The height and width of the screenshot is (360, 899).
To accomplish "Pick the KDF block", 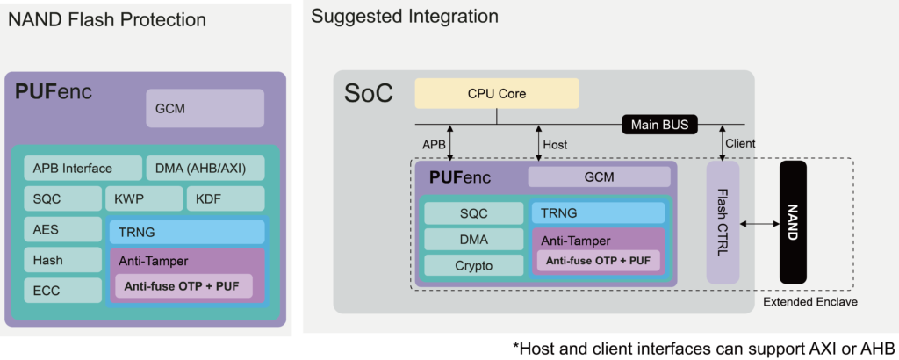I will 225,199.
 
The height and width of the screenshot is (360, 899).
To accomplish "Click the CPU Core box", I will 497,93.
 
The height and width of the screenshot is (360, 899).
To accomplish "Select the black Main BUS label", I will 660,125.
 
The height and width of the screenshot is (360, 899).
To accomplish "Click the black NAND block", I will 792,223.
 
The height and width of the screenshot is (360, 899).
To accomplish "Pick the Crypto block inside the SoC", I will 473,265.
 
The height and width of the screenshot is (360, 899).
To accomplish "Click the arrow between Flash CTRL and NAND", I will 759,224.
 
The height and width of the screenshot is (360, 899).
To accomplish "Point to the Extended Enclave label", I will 809,302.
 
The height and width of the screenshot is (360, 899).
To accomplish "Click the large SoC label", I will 369,93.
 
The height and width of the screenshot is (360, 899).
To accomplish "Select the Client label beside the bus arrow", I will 740,143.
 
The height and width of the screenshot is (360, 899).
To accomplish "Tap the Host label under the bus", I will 555,144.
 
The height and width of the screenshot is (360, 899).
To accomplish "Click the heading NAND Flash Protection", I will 107,19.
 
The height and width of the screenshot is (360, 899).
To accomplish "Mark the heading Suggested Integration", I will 405,16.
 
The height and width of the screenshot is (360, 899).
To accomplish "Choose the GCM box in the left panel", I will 205,108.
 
